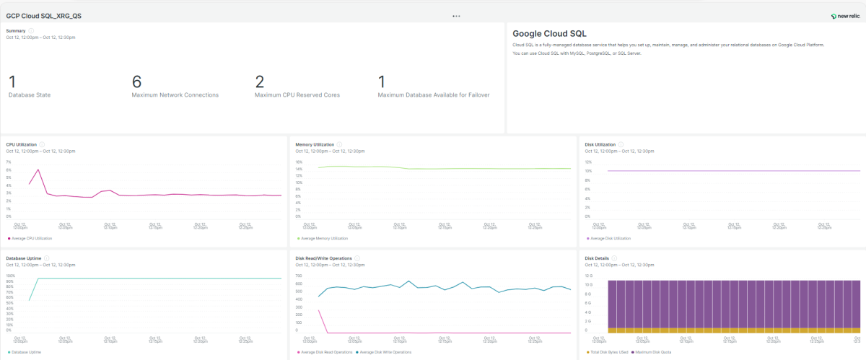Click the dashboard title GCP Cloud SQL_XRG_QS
point(43,15)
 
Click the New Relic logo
point(844,15)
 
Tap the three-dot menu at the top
point(456,15)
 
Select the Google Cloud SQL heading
point(549,33)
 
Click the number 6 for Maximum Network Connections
point(136,82)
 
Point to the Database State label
point(30,95)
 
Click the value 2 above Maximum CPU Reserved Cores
point(260,82)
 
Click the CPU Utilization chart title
point(21,144)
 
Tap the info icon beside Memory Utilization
point(339,144)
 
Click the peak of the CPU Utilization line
point(38,170)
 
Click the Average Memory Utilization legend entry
point(323,238)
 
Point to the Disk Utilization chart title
point(600,144)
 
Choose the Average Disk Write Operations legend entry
point(384,352)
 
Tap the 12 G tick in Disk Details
point(588,276)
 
